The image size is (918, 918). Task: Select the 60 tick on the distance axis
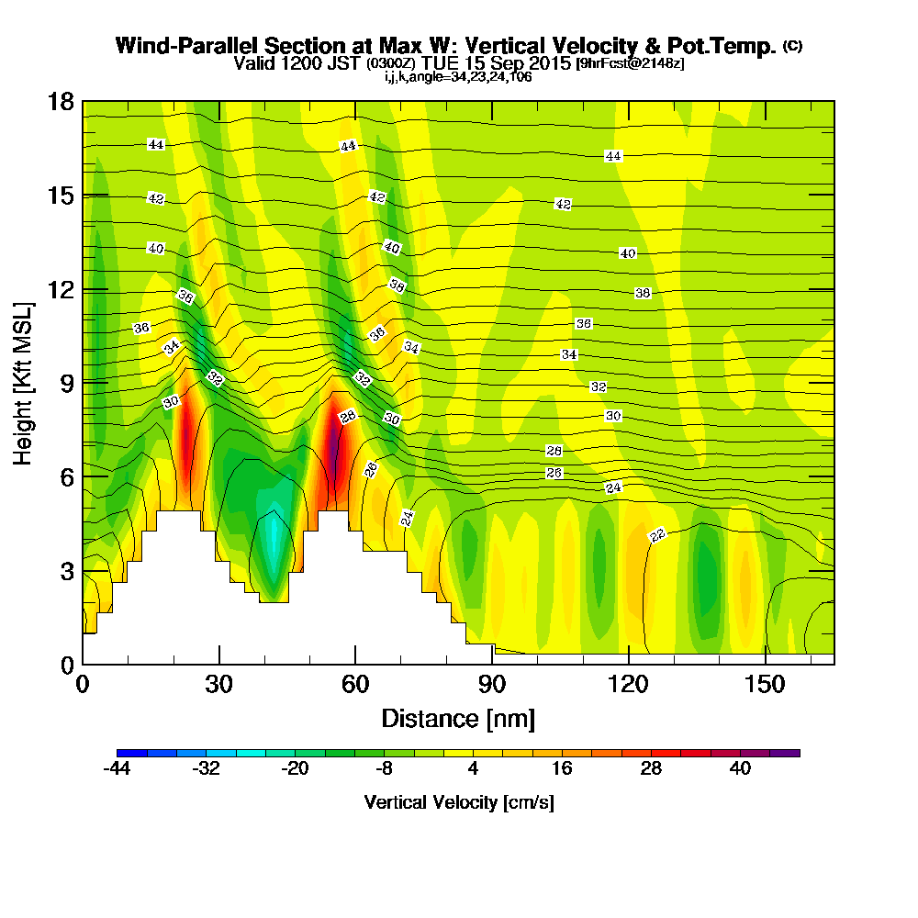pyautogui.click(x=355, y=684)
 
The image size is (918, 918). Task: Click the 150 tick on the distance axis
pyautogui.click(x=765, y=684)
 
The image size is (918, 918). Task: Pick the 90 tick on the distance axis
pyautogui.click(x=492, y=684)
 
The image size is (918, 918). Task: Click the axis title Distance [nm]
pyautogui.click(x=458, y=718)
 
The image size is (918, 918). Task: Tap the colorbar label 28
pyautogui.click(x=652, y=769)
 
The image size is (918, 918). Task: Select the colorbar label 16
pyautogui.click(x=563, y=769)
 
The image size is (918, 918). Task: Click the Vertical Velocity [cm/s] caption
pyautogui.click(x=458, y=802)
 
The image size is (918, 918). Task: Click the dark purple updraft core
pyautogui.click(x=332, y=441)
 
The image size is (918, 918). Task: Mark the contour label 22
pyautogui.click(x=657, y=536)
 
